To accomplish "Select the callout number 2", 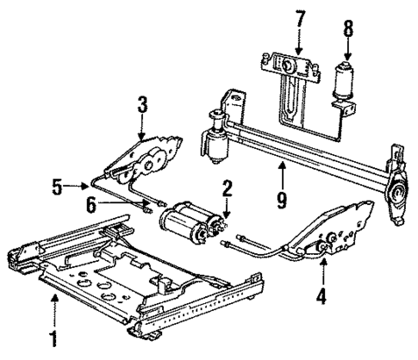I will (x=227, y=188).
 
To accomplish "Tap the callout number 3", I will (x=142, y=107).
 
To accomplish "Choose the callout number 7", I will (x=300, y=17).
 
